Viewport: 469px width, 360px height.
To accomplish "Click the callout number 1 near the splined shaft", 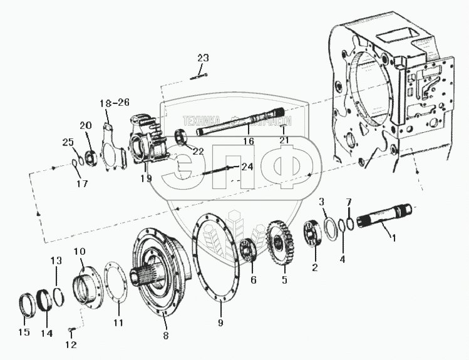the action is pos(394,237).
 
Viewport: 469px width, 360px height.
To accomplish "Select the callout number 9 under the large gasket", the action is pos(220,323).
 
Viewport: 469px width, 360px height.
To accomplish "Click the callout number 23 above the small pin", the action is pos(202,58).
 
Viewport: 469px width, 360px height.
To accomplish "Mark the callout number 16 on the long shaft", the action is pos(248,141).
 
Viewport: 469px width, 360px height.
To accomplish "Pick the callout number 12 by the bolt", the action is pos(70,344).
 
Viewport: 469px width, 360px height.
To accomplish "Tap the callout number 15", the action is pos(24,332).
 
